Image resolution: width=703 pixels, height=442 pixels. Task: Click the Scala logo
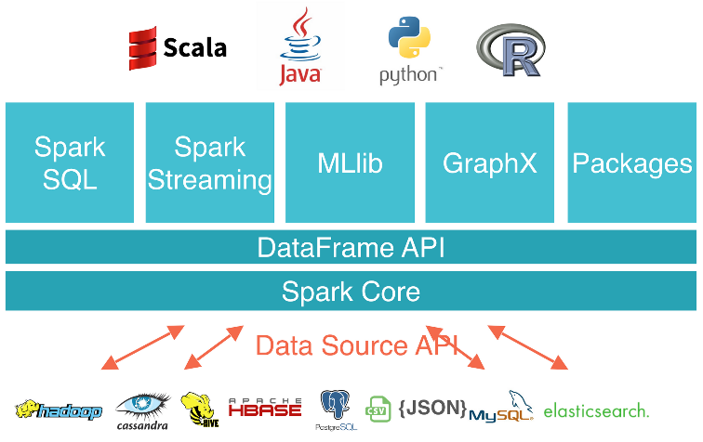click(x=178, y=47)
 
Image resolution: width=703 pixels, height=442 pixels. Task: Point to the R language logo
click(x=510, y=51)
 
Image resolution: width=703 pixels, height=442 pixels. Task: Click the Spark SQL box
click(x=70, y=162)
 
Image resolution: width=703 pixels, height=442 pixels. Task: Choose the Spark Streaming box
click(x=210, y=162)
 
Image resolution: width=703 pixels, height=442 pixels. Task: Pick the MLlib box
click(x=350, y=162)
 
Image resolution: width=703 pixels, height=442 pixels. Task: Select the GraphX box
click(x=490, y=162)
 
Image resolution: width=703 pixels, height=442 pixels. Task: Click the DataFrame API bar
click(x=351, y=248)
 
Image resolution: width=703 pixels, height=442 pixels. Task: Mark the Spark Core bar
click(x=351, y=292)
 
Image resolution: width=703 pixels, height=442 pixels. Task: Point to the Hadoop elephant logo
click(x=58, y=409)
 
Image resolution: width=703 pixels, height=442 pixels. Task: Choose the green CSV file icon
click(x=378, y=409)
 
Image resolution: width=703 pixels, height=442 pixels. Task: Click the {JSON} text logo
click(x=431, y=407)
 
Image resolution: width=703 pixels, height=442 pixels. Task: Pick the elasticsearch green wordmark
click(x=596, y=410)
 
